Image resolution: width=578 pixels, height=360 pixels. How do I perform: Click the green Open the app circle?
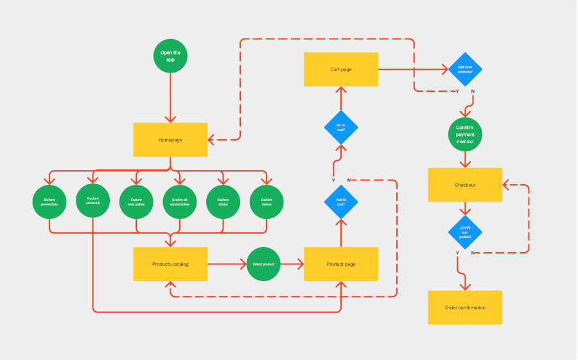coord(170,56)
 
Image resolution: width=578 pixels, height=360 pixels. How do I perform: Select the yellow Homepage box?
coord(170,140)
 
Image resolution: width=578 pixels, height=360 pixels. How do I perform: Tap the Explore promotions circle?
coord(49,201)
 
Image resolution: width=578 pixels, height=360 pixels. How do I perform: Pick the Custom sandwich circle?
coord(93,201)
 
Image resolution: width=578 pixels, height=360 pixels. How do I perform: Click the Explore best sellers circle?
coord(136,201)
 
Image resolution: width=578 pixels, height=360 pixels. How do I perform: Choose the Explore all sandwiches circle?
coord(179,201)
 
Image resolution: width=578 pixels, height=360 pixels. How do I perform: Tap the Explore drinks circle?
coord(223,201)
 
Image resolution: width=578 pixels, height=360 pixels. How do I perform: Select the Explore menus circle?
coord(267,201)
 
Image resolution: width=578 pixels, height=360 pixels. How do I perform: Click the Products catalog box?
coord(170,264)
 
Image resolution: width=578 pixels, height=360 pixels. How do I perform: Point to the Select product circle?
coord(263,264)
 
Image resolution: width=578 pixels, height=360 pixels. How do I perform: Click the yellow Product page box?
coord(341,264)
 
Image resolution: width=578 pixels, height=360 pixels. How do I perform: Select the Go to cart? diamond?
coord(341,127)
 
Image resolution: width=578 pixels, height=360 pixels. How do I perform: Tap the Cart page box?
coord(341,69)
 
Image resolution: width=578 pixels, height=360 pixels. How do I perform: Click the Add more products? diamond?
coord(465,69)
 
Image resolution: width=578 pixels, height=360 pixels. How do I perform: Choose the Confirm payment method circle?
coord(465,134)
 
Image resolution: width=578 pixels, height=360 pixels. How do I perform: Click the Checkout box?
coord(465,185)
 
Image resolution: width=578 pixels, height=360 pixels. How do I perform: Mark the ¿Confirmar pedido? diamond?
coord(465,232)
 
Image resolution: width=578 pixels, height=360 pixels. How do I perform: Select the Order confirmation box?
coord(465,307)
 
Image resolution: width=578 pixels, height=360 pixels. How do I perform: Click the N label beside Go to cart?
coord(349,180)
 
